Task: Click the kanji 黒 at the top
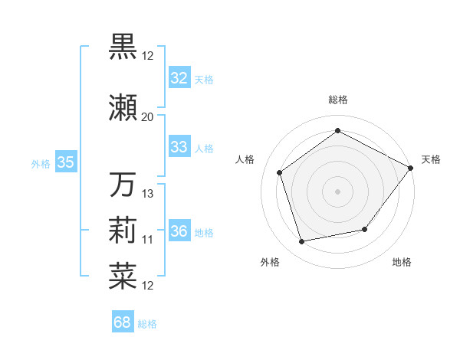(123, 46)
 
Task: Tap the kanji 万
(123, 185)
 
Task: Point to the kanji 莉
(123, 230)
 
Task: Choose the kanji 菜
(123, 277)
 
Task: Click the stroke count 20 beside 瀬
(147, 116)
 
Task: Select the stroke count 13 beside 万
(148, 193)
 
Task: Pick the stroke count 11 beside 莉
(147, 240)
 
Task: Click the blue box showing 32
(179, 78)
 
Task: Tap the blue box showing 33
(179, 147)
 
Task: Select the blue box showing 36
(179, 231)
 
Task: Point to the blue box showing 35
(65, 162)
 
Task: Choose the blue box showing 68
(123, 322)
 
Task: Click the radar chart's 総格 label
(337, 100)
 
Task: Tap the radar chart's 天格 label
(431, 159)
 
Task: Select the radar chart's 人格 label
(245, 159)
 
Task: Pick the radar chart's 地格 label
(402, 262)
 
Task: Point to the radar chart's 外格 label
(270, 262)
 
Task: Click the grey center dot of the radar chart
(337, 191)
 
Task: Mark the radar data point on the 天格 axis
(411, 167)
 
